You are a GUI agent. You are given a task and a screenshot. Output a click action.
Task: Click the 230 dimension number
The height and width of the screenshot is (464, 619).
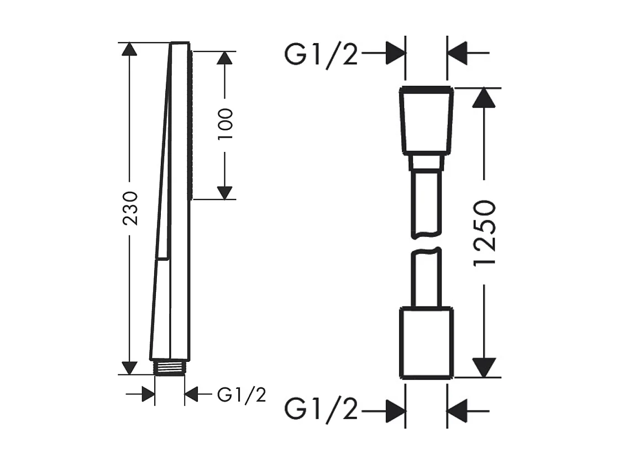[x=130, y=208]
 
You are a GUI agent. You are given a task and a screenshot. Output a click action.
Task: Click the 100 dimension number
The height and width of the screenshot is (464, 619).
[x=225, y=124]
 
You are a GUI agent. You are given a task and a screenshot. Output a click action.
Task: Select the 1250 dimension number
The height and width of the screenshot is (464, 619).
[x=484, y=233]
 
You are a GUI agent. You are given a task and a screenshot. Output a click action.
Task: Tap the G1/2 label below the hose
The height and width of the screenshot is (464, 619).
[x=321, y=409]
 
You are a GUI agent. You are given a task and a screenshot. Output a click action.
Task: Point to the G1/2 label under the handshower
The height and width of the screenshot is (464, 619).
[x=242, y=394]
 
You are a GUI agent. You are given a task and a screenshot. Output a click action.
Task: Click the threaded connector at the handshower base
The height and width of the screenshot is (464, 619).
[x=170, y=368]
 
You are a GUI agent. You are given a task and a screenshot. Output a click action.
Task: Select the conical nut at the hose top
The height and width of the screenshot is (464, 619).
[x=426, y=120]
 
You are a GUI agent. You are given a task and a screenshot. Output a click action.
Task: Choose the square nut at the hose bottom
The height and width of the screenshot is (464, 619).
[x=426, y=343]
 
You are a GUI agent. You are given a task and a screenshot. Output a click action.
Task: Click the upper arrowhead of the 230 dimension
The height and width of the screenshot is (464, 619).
[x=129, y=49]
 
